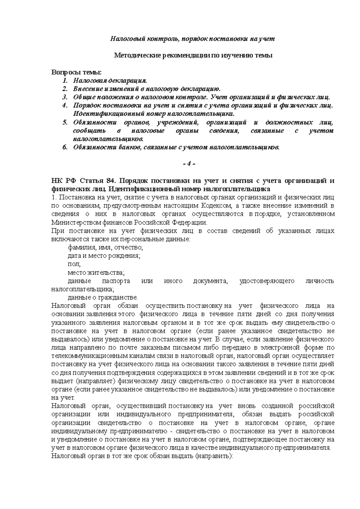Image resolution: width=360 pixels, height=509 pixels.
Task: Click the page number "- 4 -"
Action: click(x=189, y=164)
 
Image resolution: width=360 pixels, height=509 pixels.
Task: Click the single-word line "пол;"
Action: click(x=74, y=264)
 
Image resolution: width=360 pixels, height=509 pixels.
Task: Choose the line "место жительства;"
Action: click(x=95, y=272)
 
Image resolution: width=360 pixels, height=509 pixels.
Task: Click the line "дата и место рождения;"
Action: click(x=103, y=256)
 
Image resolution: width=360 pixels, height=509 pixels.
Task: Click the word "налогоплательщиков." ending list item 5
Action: click(x=109, y=139)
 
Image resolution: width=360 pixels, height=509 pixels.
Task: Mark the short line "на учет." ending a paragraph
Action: click(x=63, y=398)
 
